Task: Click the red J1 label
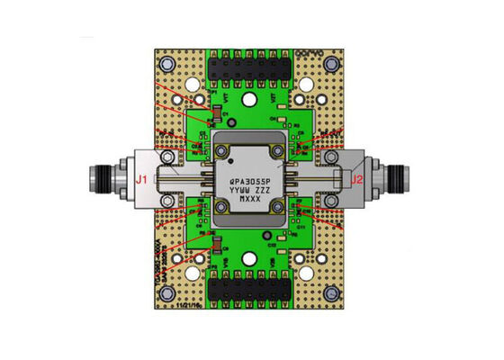click(140, 180)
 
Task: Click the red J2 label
click(357, 179)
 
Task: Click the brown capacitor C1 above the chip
click(215, 114)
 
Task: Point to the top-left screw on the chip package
click(221, 148)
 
